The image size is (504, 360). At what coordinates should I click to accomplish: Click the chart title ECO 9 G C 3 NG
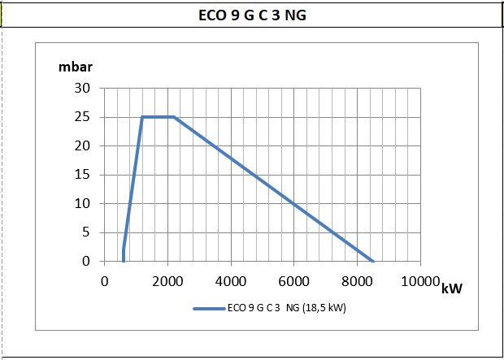click(252, 15)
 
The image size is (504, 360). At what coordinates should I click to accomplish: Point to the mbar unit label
click(75, 67)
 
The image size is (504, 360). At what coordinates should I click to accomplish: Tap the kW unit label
click(452, 288)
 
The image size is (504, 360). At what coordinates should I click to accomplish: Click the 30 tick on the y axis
click(84, 88)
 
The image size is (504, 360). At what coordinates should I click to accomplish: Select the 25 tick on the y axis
click(84, 117)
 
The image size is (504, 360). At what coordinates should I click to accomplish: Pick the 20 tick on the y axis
click(84, 145)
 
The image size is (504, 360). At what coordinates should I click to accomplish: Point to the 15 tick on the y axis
click(84, 175)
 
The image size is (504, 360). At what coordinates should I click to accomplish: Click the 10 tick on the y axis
click(84, 203)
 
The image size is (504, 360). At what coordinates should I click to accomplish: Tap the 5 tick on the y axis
click(87, 232)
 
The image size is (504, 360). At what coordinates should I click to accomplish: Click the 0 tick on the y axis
click(87, 262)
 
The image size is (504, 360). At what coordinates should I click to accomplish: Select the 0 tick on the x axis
click(104, 281)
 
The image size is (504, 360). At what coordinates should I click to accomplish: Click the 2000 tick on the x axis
click(167, 281)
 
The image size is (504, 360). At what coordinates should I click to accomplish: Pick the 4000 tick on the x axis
click(231, 281)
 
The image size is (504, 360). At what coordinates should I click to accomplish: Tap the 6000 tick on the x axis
click(293, 281)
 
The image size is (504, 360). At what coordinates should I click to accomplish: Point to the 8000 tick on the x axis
click(357, 281)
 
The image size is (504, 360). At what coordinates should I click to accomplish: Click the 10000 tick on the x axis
click(420, 281)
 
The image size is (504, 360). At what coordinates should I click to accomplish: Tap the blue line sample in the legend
click(208, 309)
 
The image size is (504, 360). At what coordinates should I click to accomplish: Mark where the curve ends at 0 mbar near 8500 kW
click(372, 261)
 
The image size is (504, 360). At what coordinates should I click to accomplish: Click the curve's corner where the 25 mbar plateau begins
click(142, 117)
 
